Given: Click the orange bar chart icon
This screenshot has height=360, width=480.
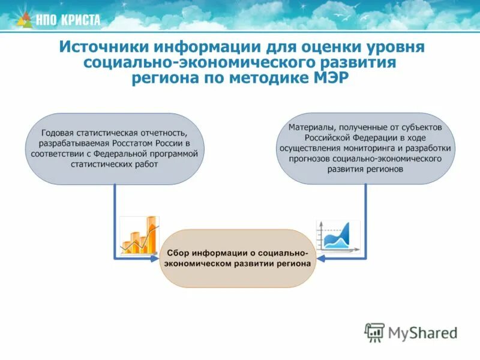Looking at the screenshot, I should tap(139, 235).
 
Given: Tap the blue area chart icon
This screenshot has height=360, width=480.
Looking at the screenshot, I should tap(338, 236).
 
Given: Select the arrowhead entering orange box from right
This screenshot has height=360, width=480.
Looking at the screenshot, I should tap(320, 259).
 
